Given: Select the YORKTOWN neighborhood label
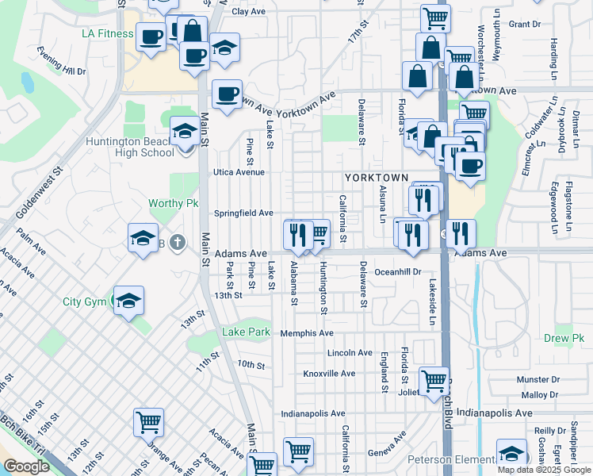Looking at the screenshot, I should click(x=377, y=178).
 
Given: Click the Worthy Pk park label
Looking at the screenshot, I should click(x=173, y=203).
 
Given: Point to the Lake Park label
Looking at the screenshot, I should click(x=246, y=332).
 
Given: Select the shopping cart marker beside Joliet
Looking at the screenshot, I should click(x=434, y=381).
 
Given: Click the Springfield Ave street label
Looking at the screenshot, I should click(x=243, y=213).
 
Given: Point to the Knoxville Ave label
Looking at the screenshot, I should click(x=329, y=373).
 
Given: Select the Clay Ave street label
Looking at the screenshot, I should click(x=248, y=12).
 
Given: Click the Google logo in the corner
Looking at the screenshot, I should click(x=25, y=466).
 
